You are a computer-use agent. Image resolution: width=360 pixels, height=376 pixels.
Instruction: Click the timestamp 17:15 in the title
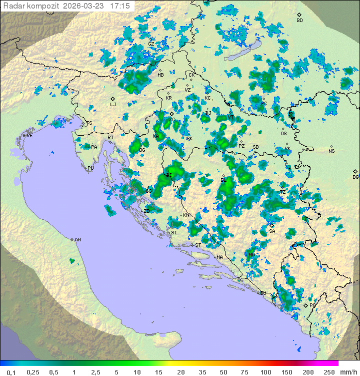pos(120,6)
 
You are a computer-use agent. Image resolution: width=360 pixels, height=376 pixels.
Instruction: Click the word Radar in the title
pos(13,6)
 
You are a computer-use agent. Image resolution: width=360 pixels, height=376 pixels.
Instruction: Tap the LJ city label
pos(113,105)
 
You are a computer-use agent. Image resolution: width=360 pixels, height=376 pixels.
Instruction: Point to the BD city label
pos(299,21)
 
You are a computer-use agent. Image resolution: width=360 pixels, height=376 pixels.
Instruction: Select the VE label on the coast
pos(29,136)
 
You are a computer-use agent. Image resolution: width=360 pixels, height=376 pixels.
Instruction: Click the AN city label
pos(77,240)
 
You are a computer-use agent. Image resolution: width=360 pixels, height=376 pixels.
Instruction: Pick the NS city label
pos(331,151)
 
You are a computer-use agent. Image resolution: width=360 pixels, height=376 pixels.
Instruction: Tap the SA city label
pos(272,231)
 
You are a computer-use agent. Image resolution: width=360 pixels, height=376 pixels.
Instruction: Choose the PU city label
pos(90,168)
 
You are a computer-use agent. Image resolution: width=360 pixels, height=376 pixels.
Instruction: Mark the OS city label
pos(283,134)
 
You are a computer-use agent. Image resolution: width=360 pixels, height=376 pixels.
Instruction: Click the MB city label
pos(160,75)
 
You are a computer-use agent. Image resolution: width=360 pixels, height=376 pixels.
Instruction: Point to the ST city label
pos(198,245)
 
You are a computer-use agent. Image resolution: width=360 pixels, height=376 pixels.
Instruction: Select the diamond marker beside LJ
pos(113,99)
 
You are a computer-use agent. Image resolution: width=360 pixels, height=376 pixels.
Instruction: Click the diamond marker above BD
pos(299,15)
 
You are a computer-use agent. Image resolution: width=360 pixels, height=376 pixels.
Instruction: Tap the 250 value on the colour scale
pos(329,371)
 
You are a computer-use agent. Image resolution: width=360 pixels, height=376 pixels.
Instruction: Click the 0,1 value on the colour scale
pos(11,371)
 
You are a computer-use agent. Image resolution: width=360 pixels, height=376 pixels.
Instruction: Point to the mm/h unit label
pos(347,371)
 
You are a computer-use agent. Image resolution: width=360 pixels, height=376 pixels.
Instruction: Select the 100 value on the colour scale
pos(265,371)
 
